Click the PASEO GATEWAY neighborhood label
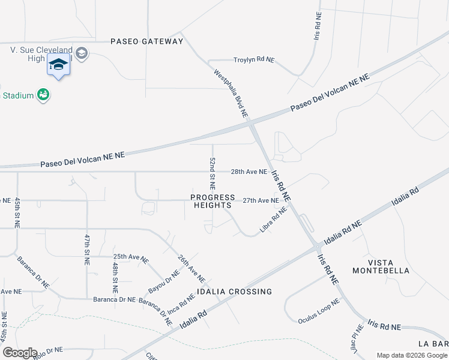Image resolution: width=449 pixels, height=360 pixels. click(x=146, y=41)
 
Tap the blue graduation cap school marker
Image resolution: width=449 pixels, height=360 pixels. click(x=58, y=65)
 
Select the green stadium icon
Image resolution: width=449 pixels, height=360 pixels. click(x=43, y=94)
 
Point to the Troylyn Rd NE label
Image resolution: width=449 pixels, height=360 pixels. click(x=253, y=60)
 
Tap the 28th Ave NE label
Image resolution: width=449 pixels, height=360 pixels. click(x=249, y=172)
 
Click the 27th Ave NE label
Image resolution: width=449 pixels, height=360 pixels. click(x=261, y=200)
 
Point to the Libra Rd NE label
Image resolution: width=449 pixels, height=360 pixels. click(x=274, y=220)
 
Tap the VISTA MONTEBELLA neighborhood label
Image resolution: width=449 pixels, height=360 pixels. click(x=389, y=266)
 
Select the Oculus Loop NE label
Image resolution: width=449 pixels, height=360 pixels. click(x=319, y=311)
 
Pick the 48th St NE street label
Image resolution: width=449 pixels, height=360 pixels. click(x=115, y=272)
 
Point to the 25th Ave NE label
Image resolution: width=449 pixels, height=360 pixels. click(x=131, y=257)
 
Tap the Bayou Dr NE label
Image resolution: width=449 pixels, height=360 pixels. click(x=164, y=281)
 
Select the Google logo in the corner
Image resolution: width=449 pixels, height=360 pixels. click(x=19, y=353)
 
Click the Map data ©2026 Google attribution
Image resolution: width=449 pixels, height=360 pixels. click(x=411, y=355)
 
